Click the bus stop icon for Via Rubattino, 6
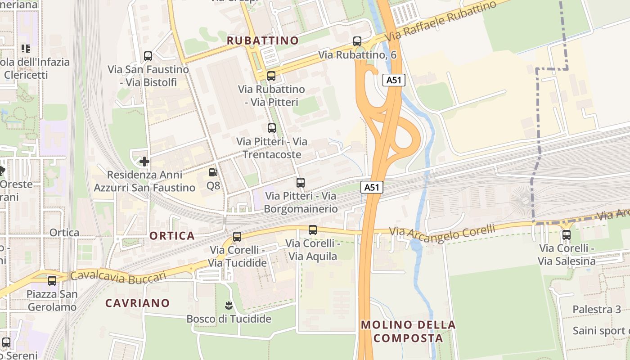click(x=357, y=41)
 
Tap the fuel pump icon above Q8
click(x=213, y=172)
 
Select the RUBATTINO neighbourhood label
click(x=263, y=40)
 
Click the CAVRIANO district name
click(x=137, y=303)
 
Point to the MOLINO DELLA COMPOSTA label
click(x=408, y=331)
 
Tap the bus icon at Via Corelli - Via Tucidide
click(x=237, y=236)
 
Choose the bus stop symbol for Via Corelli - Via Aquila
click(x=313, y=230)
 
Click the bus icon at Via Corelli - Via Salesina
click(x=567, y=234)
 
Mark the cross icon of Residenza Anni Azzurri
click(x=144, y=161)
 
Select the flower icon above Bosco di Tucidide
click(x=229, y=306)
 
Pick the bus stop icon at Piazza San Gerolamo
click(x=52, y=281)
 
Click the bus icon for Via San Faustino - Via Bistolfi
click(x=148, y=56)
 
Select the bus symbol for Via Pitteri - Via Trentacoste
click(x=272, y=128)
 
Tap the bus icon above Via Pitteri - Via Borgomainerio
click(x=301, y=183)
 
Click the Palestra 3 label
click(x=597, y=309)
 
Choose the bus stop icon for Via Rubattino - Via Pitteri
click(x=271, y=76)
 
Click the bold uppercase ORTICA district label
click(x=172, y=236)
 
